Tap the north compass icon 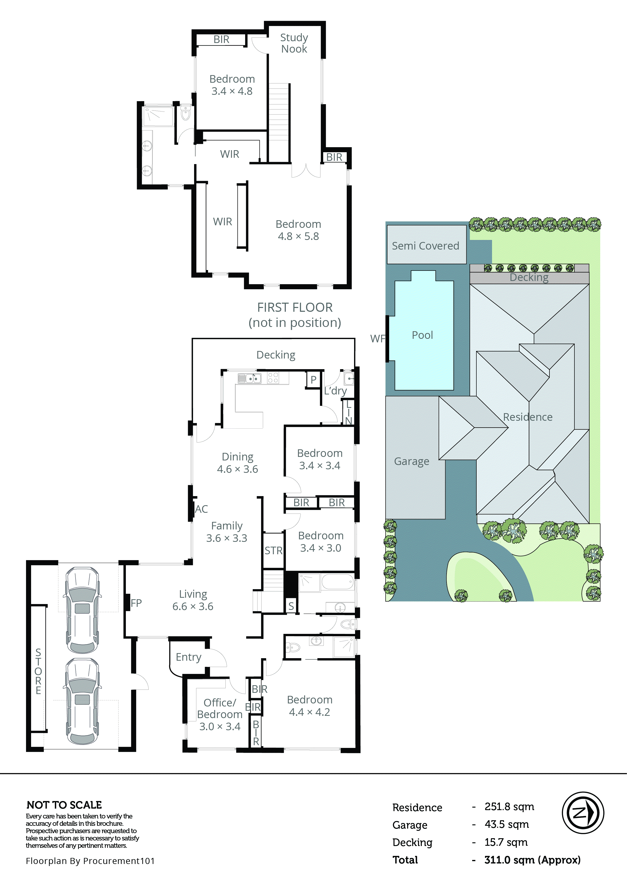click(583, 813)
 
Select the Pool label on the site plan click(422, 335)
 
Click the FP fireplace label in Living click(136, 603)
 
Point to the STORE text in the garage click(38, 671)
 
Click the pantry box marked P click(313, 380)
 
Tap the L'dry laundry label click(335, 391)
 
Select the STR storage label click(273, 550)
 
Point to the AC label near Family click(201, 509)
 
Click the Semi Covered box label click(425, 246)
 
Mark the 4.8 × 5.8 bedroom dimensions click(298, 236)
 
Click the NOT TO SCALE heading click(64, 805)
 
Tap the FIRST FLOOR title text click(295, 307)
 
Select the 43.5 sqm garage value click(506, 824)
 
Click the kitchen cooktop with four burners click(273, 378)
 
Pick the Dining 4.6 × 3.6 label click(237, 463)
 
